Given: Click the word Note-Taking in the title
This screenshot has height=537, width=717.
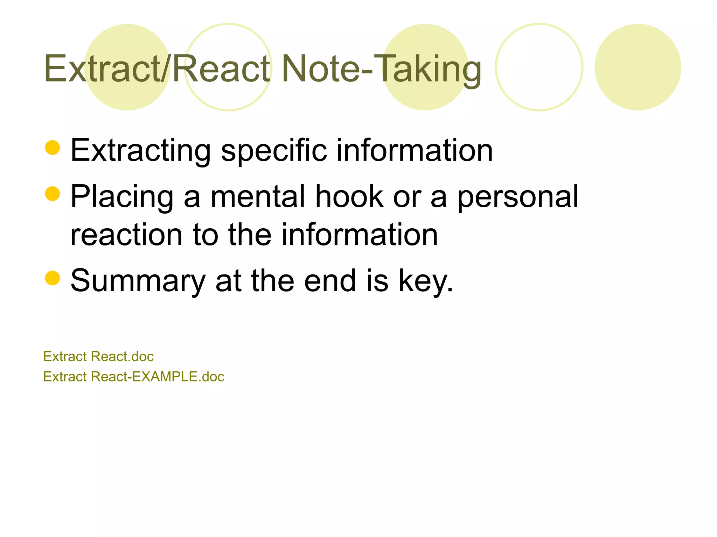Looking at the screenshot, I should pos(381,69).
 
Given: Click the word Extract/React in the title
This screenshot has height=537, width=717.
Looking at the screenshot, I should pos(157,69).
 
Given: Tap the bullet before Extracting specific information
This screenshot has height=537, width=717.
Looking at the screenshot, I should pos(53,148).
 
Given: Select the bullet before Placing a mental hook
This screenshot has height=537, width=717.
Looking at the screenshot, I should pos(53,194).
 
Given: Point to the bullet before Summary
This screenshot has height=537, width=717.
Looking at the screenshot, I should pos(53,278).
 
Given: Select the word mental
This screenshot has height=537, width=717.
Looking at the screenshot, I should pos(258,196).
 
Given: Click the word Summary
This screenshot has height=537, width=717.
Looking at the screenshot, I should pos(138,281).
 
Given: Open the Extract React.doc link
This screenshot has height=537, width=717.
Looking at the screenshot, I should pos(98,357).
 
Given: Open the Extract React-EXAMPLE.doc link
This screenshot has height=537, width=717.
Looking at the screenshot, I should pos(133,377).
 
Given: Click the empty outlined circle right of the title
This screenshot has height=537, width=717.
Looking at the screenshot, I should pos(539,67).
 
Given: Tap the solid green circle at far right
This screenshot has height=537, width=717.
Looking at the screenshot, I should pos(638,67).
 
